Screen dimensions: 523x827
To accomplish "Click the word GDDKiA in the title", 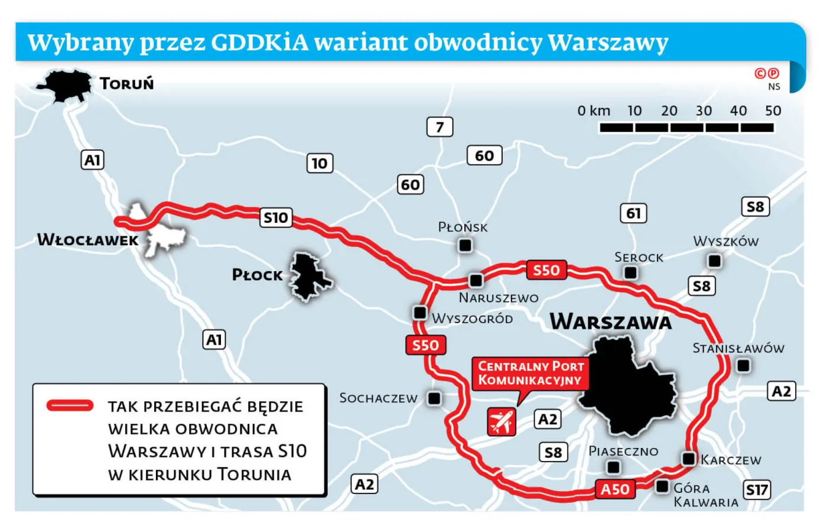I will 260,43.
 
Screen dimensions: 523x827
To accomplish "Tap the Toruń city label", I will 127,83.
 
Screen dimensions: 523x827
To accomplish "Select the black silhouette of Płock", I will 309,277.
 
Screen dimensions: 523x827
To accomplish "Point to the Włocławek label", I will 87,240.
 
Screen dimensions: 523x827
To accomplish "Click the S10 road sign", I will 276,217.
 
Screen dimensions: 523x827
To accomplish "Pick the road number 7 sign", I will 439,126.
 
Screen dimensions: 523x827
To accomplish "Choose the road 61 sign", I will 633,213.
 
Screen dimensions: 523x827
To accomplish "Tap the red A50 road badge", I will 615,489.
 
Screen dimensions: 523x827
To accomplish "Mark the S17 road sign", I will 757,489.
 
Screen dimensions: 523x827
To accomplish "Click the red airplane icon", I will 502,421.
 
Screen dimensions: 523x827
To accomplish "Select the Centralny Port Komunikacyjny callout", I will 530,373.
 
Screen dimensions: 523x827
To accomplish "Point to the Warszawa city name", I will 611,322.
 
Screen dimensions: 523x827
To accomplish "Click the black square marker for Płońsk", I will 465,245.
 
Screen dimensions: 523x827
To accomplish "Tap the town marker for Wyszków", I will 715,261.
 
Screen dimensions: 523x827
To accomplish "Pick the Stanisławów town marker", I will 743,366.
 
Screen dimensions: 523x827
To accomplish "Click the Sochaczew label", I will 378,398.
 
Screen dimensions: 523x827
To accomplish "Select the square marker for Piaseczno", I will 614,467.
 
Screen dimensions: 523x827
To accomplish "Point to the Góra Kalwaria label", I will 705,495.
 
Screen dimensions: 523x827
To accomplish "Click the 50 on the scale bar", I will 773,111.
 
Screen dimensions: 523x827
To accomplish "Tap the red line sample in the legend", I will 70,405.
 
